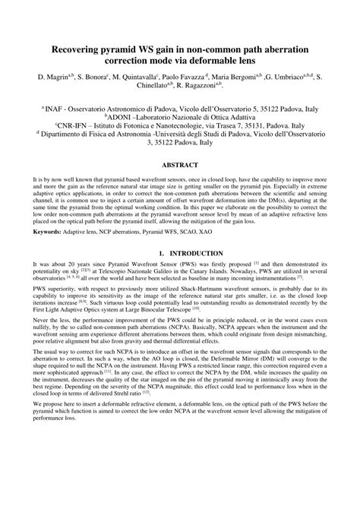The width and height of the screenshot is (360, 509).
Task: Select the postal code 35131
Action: pos(269,129)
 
